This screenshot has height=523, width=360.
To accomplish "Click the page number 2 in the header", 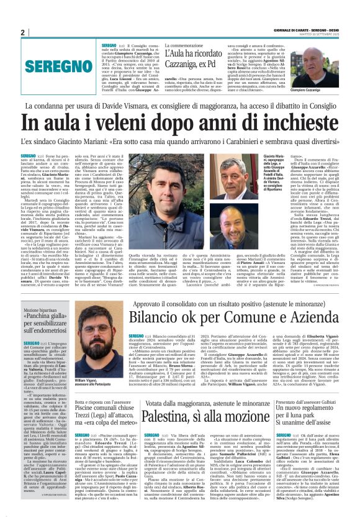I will (22, 32).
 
